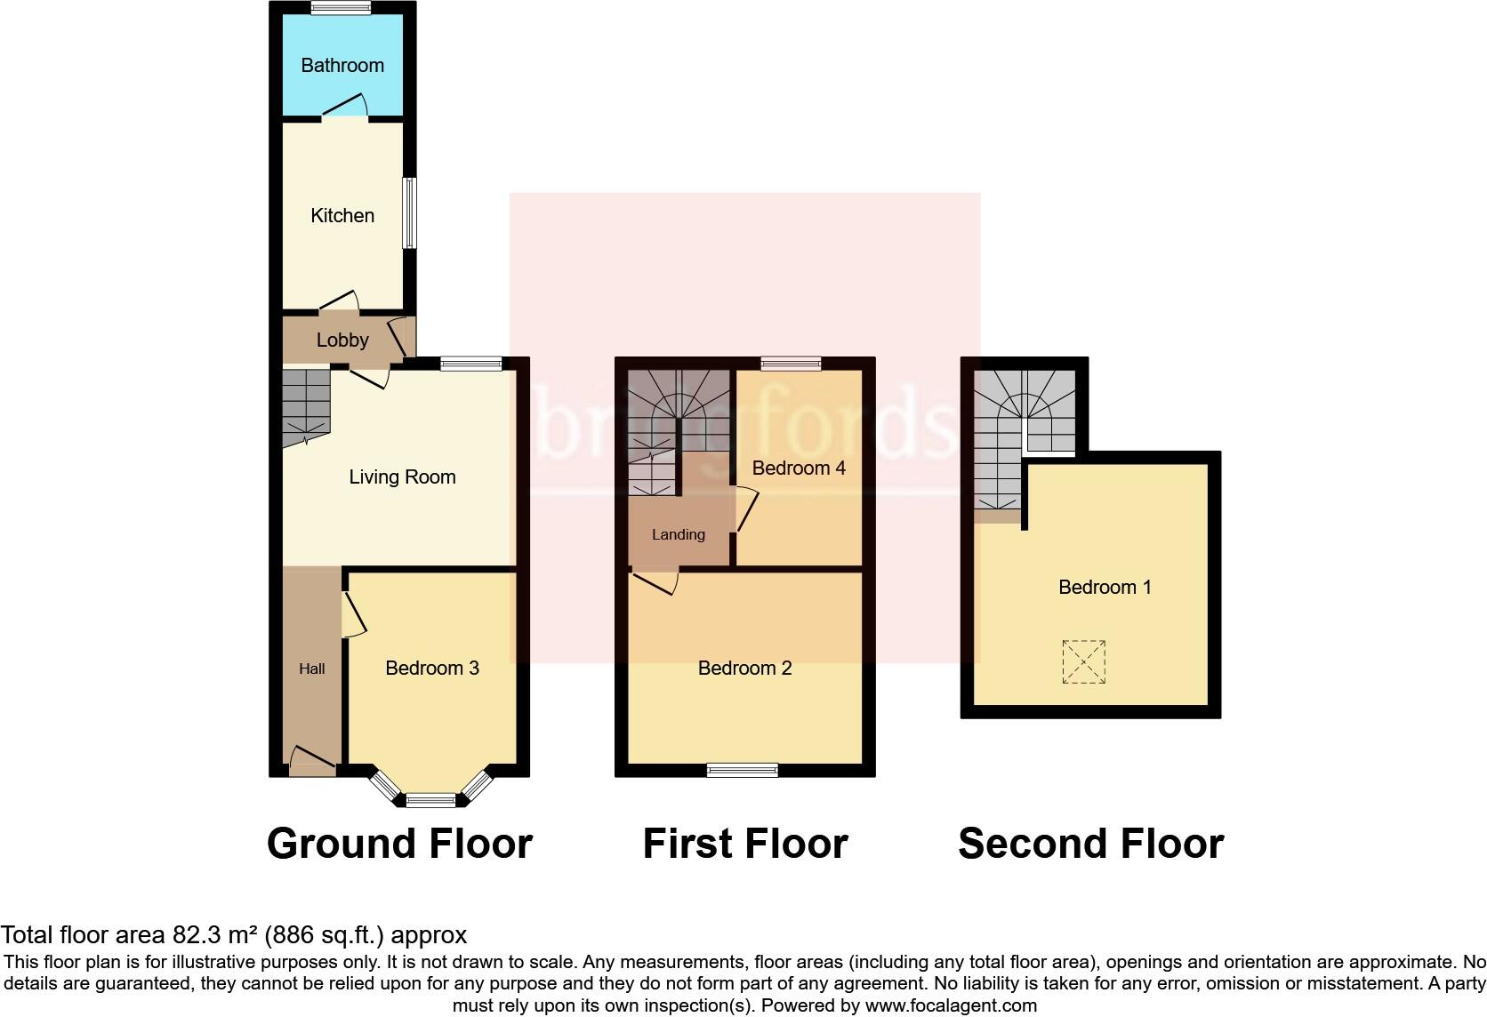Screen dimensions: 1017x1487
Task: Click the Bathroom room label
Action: [342, 66]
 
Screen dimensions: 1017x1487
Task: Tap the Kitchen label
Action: [342, 216]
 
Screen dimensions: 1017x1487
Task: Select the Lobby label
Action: [342, 340]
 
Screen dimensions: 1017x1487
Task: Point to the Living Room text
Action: [402, 477]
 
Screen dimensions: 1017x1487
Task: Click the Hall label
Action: [311, 669]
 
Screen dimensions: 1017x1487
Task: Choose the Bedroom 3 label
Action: [432, 669]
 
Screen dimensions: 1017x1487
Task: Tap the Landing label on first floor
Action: [678, 535]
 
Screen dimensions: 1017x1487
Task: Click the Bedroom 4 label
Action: [799, 468]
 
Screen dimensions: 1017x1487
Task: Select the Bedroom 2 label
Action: [744, 669]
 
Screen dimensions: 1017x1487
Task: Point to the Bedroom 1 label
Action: [1105, 588]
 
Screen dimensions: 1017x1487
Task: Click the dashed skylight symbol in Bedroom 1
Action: [1083, 662]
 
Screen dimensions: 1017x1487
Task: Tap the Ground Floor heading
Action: [399, 844]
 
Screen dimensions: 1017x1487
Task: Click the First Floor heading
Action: [745, 844]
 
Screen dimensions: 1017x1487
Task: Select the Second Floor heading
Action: [1090, 844]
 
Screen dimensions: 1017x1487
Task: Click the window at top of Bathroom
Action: [342, 8]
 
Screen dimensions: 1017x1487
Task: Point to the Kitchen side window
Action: [409, 213]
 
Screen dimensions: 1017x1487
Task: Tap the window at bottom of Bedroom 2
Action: [743, 770]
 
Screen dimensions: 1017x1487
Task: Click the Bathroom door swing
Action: [346, 105]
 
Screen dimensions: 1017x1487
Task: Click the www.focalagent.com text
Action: [951, 1006]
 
